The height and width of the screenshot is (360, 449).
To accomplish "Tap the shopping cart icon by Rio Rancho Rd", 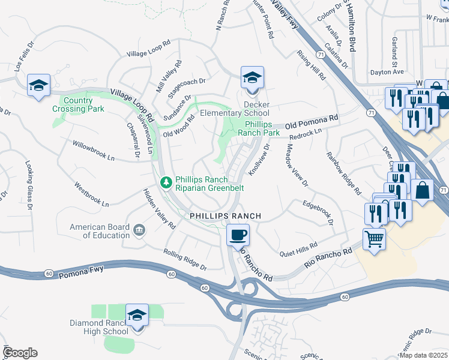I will (x=375, y=239).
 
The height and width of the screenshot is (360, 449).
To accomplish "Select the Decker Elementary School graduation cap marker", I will (x=252, y=78).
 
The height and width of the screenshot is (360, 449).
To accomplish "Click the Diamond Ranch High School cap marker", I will (x=137, y=315).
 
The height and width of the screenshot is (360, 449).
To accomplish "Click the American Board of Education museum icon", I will (x=139, y=229).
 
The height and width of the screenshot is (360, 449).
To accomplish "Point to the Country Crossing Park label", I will (x=78, y=104).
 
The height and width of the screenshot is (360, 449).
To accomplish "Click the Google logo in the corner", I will (x=20, y=353).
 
